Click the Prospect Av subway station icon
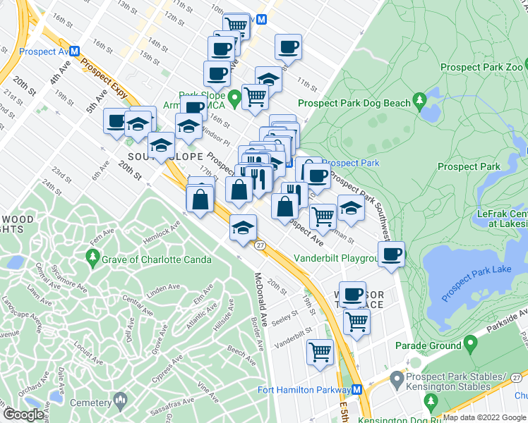[74, 51]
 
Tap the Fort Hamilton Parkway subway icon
[357, 390]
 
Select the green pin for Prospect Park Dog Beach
[421, 102]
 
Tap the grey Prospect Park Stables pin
[397, 381]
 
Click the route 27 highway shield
[260, 245]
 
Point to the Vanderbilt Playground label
[337, 258]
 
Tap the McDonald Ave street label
[259, 299]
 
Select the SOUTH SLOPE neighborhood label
[165, 157]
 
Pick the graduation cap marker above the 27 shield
[243, 227]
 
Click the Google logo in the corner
[24, 414]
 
